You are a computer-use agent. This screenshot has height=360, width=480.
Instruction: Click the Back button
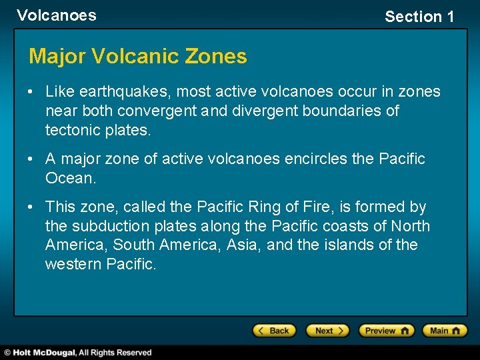pyautogui.click(x=274, y=331)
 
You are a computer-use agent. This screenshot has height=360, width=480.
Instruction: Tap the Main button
pyautogui.click(x=448, y=331)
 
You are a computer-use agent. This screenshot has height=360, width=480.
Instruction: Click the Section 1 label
pyautogui.click(x=419, y=17)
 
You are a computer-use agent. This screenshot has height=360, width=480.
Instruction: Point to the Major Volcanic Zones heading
pyautogui.click(x=137, y=56)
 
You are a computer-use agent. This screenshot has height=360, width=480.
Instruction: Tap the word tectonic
pyautogui.click(x=73, y=130)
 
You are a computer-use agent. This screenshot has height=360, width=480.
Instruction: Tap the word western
pyautogui.click(x=73, y=265)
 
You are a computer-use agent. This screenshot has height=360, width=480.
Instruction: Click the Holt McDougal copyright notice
pyautogui.click(x=79, y=353)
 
